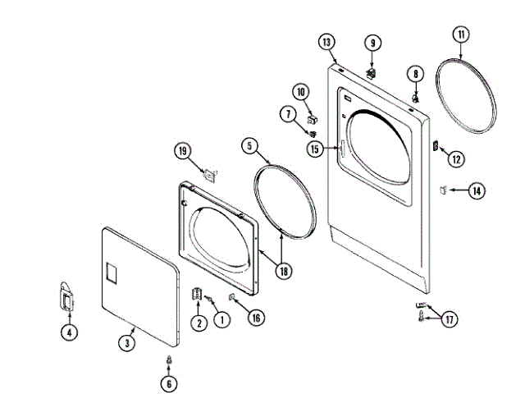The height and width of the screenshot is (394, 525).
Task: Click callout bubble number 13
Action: coord(326,42)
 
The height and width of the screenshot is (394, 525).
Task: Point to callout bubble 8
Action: coord(416,74)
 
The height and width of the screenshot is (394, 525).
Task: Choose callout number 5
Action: coord(249,146)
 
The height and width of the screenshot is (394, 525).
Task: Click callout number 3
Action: coord(127,343)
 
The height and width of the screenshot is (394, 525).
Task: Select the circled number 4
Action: coord(69,332)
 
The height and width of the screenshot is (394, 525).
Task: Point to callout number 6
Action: coord(169,382)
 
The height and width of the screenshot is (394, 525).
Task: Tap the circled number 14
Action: coord(477,191)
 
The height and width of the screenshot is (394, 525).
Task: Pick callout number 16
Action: coord(257,317)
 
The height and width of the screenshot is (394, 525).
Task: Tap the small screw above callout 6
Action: coord(169,360)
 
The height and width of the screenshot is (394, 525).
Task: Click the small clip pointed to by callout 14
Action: coord(442,190)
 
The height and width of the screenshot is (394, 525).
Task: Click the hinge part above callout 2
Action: coord(198,295)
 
